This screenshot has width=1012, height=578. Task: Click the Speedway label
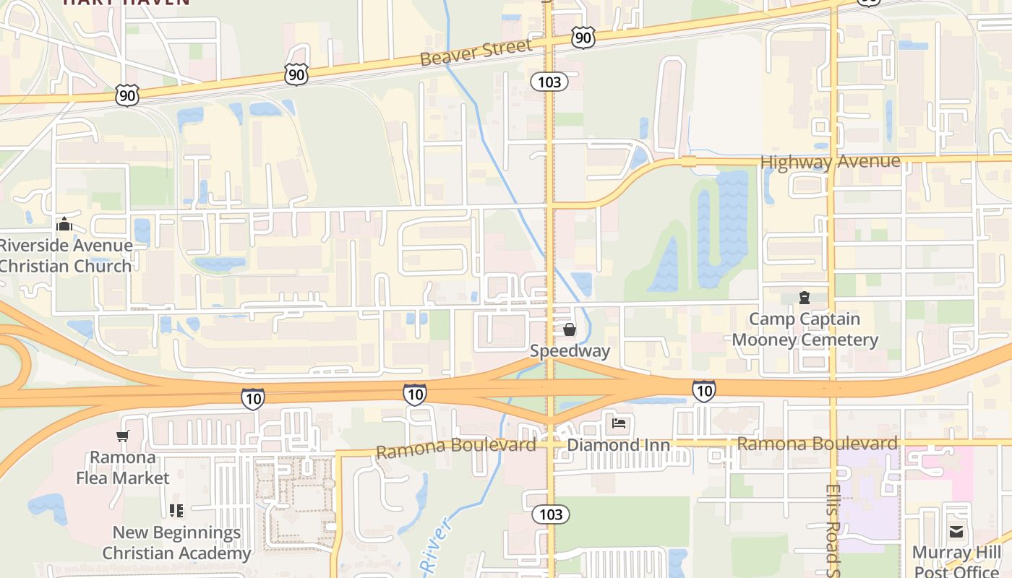click(x=570, y=351)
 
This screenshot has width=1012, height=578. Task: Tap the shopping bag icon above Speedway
click(x=570, y=330)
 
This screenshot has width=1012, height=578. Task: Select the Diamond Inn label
click(x=618, y=444)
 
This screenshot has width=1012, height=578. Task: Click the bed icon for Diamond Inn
click(x=619, y=423)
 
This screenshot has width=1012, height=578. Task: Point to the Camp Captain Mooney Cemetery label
click(x=805, y=329)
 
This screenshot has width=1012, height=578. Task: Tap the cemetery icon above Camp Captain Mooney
click(x=804, y=298)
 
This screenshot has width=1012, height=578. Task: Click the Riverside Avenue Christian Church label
click(x=65, y=256)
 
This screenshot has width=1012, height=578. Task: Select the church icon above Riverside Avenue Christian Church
click(x=65, y=225)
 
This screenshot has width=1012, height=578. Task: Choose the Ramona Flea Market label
click(x=122, y=467)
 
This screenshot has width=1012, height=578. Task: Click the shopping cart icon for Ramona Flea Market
click(x=122, y=436)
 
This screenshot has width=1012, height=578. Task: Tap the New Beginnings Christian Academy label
click(x=176, y=543)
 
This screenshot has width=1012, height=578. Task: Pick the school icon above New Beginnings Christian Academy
click(x=176, y=511)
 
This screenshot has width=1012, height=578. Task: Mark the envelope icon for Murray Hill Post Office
click(x=956, y=532)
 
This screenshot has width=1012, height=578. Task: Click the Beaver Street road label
click(x=476, y=52)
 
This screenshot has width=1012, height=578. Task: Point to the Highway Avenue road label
click(x=830, y=162)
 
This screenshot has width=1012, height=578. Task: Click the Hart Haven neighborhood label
click(x=126, y=2)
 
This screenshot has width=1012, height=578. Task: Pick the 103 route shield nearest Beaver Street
click(x=549, y=82)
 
